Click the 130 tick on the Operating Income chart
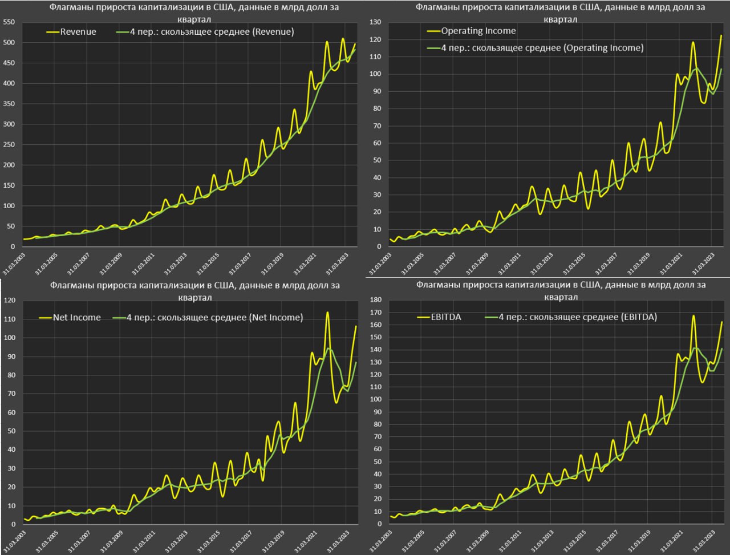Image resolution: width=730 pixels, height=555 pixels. (375, 22)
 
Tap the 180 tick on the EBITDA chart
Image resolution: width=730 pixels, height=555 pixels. (375, 300)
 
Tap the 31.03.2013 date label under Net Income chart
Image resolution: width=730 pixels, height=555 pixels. (170, 543)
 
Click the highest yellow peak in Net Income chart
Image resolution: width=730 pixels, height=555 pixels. (327, 312)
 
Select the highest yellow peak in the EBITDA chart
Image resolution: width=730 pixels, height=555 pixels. (693, 315)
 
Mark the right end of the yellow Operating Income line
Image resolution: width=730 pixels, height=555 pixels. (721, 35)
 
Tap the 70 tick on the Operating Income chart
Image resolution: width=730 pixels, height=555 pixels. (376, 125)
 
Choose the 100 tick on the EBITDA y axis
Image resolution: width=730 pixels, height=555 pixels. (375, 399)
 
